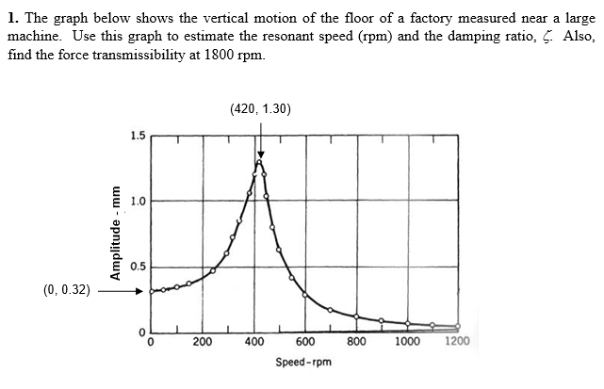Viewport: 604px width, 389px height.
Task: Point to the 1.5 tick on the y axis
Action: coord(137,136)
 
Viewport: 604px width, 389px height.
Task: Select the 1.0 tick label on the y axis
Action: coord(137,201)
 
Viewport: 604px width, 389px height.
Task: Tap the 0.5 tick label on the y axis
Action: coord(137,266)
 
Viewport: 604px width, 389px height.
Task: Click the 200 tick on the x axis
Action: coord(203,342)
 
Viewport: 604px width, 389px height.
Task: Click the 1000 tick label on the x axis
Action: coord(408,342)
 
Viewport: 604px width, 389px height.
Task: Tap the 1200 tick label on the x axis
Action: coord(458,342)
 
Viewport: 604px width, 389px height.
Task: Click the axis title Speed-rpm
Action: coord(302,362)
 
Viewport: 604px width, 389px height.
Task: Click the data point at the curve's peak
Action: coord(259,163)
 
